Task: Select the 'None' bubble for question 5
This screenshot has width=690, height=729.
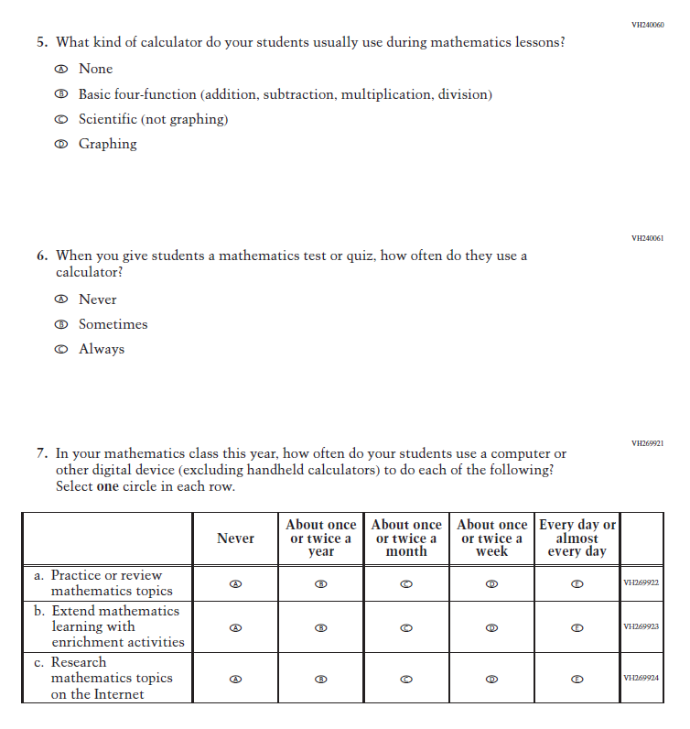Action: click(x=61, y=69)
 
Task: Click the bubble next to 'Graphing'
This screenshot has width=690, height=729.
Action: click(x=61, y=144)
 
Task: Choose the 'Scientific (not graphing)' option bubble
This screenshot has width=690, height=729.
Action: click(x=61, y=119)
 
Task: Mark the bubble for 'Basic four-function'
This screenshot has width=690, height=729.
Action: click(x=61, y=94)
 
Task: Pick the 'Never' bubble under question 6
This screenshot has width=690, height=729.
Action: click(x=61, y=299)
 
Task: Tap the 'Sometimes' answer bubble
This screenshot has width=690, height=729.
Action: click(x=61, y=324)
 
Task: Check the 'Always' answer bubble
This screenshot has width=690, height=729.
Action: click(x=61, y=349)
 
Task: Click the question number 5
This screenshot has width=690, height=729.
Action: click(x=42, y=42)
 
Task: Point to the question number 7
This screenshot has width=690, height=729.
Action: click(x=42, y=453)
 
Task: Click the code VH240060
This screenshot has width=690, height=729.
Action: click(x=647, y=25)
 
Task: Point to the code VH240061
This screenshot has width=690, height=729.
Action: click(x=647, y=238)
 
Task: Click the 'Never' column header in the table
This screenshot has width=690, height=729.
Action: click(x=235, y=539)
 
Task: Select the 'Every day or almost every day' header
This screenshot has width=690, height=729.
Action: click(x=577, y=539)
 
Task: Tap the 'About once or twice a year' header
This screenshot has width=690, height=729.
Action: click(x=321, y=539)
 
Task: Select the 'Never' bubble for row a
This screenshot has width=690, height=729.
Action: click(x=235, y=583)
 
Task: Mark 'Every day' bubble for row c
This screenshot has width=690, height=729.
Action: click(x=577, y=679)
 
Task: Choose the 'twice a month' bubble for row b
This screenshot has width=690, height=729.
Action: click(x=406, y=627)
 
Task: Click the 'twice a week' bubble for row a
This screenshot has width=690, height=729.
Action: click(x=491, y=583)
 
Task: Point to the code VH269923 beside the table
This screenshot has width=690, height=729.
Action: click(x=641, y=627)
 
